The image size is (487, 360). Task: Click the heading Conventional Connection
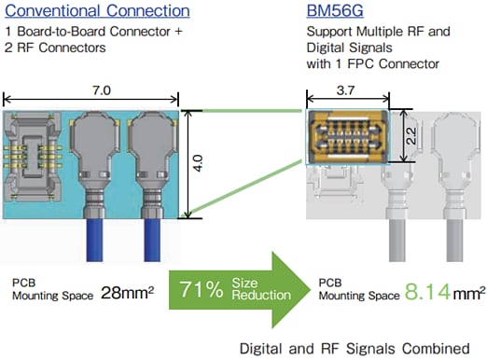tap(97, 12)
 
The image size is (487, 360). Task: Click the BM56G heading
tap(340, 12)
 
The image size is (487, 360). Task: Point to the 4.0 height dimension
tap(198, 165)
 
